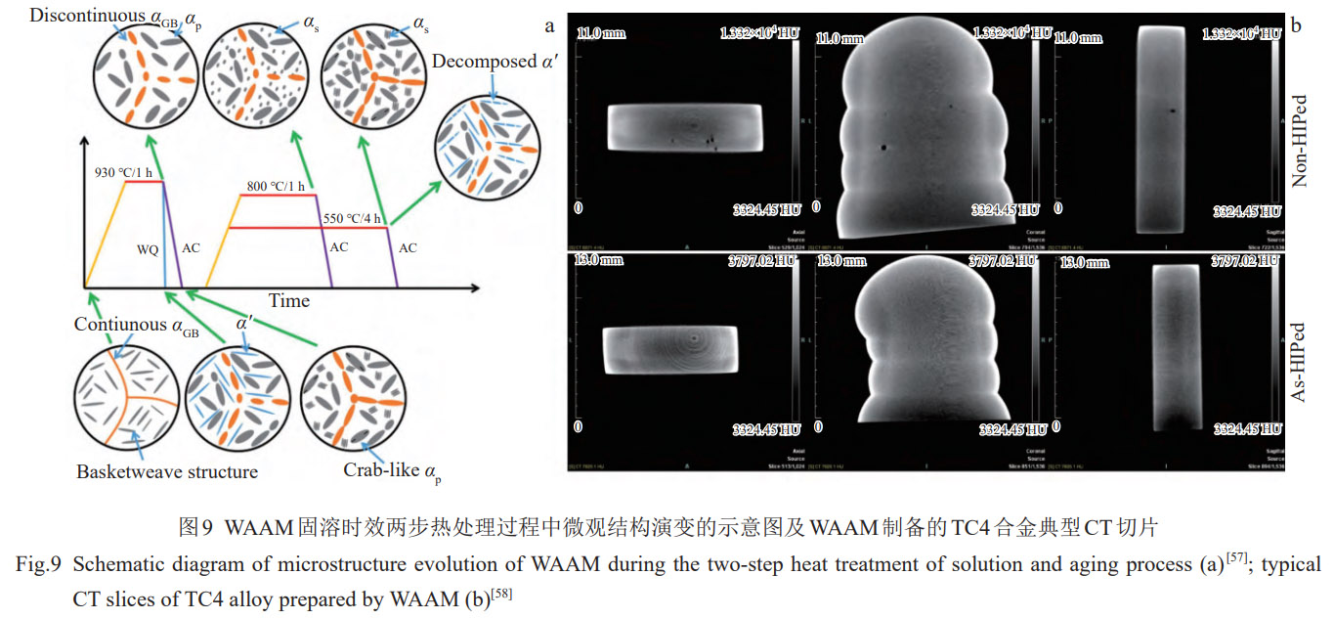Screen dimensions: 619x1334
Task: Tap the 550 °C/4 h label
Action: pyautogui.click(x=351, y=218)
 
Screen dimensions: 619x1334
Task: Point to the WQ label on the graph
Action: pyautogui.click(x=149, y=248)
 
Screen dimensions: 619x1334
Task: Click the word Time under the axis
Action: pyautogui.click(x=289, y=301)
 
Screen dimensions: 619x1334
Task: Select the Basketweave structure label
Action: pyautogui.click(x=167, y=471)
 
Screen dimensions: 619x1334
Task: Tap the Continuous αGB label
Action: pyautogui.click(x=137, y=325)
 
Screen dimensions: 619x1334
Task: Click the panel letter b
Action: pyautogui.click(x=1296, y=25)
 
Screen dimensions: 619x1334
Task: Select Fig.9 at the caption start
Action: pyautogui.click(x=39, y=565)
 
